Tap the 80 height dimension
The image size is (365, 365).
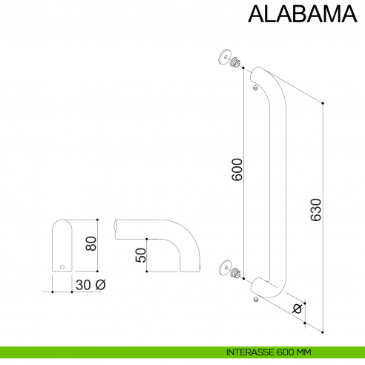91,243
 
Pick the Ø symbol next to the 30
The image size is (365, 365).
101,284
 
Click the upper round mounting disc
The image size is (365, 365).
224,56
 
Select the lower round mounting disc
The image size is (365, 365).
224,267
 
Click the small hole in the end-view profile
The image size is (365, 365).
62,266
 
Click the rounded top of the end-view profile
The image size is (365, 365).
62,225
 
